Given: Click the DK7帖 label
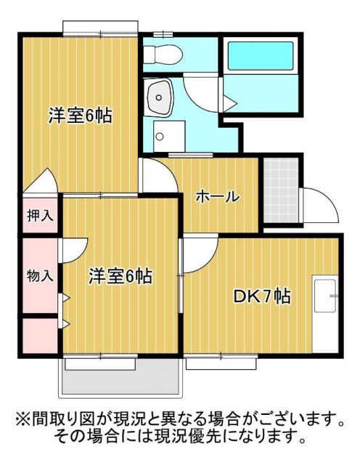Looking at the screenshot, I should pyautogui.click(x=262, y=296).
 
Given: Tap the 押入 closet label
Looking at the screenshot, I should pyautogui.click(x=39, y=216).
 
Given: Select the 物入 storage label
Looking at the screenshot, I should pyautogui.click(x=40, y=275).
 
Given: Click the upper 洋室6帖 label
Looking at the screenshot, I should pyautogui.click(x=80, y=115).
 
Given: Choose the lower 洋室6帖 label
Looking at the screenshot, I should pyautogui.click(x=120, y=275).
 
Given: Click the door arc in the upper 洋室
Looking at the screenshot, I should pyautogui.click(x=44, y=182).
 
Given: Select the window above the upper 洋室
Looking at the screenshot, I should pyautogui.click(x=99, y=28).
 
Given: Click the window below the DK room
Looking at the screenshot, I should pyautogui.click(x=217, y=359).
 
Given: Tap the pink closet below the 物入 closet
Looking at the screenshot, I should pyautogui.click(x=40, y=336).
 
